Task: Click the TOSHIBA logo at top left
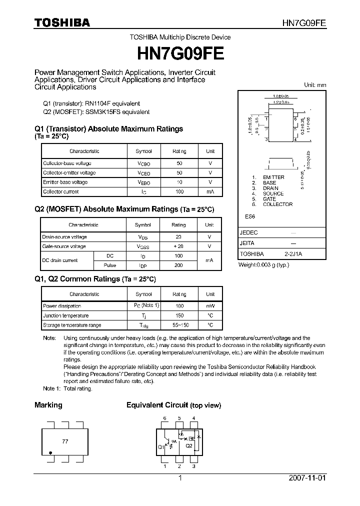(62, 22)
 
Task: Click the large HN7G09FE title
(179, 52)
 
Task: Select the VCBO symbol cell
(143, 163)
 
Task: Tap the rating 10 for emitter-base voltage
(179, 182)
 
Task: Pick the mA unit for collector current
(210, 191)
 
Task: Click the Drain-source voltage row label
(64, 237)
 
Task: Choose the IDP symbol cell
(143, 265)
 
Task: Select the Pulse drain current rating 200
(178, 265)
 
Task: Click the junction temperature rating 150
(179, 315)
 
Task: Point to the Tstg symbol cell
(143, 325)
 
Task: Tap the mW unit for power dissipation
(210, 305)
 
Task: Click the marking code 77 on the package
(65, 442)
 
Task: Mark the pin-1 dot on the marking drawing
(50, 453)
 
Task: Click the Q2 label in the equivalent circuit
(188, 445)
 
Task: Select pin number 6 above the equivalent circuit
(164, 418)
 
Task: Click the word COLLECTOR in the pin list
(277, 204)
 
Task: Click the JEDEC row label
(248, 233)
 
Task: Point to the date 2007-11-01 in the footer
(306, 478)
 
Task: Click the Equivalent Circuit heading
(157, 405)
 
